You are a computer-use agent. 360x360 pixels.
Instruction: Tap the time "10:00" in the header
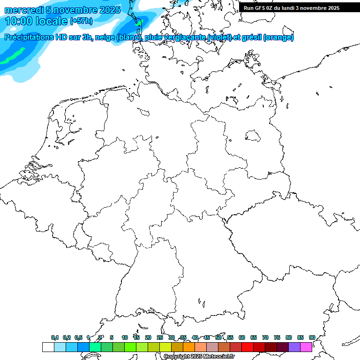point(19,21)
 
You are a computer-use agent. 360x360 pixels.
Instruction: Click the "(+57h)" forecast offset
point(81,21)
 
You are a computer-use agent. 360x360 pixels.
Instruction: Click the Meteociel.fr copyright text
point(199,356)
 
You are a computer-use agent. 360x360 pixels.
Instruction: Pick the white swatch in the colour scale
point(48,347)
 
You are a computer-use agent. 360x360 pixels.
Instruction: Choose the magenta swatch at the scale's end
point(306,347)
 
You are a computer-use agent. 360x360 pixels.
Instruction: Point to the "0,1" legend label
point(55,337)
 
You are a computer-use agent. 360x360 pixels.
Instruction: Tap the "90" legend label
point(312,337)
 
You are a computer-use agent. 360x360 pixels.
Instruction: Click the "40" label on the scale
point(195,337)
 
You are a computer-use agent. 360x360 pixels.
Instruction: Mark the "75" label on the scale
point(277,337)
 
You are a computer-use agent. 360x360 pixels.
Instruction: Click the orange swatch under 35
point(188,347)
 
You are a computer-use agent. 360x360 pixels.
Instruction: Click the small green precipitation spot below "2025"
point(139,22)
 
